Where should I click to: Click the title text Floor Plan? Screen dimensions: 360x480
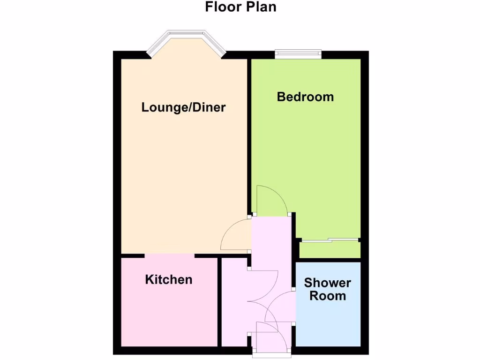(240, 7)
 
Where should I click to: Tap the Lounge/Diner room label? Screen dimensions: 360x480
(183, 107)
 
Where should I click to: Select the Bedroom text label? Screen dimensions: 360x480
(305, 97)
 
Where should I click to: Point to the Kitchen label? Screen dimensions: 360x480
(169, 280)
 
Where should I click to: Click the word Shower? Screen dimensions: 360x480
(327, 283)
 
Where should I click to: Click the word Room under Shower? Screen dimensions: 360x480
(327, 296)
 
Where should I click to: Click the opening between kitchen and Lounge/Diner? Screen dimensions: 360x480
(169, 256)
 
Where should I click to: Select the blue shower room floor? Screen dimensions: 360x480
(328, 323)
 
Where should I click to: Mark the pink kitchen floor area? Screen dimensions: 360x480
(169, 314)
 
